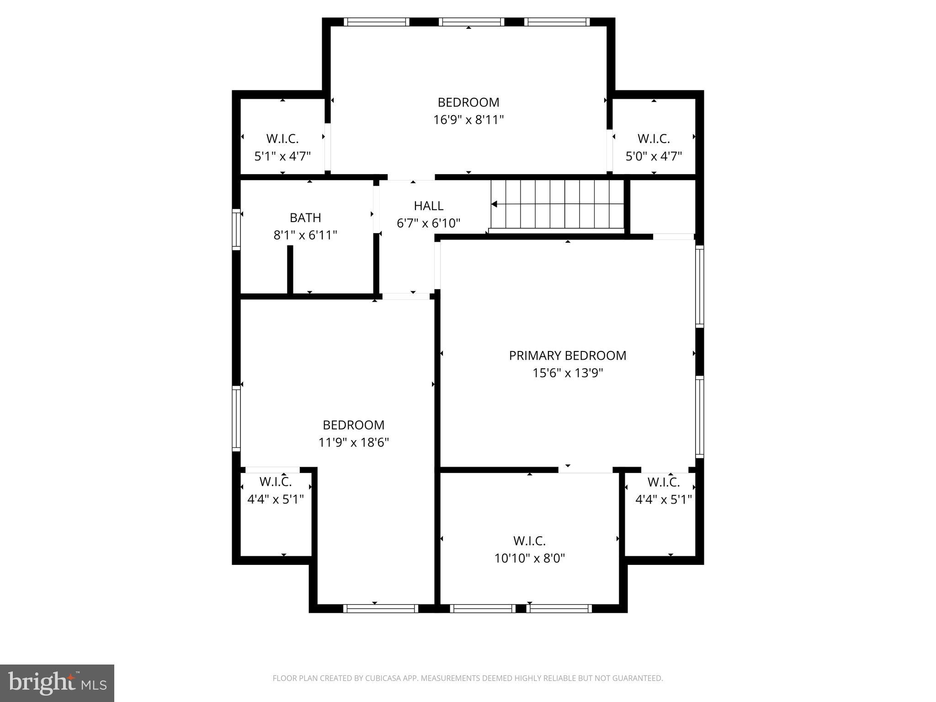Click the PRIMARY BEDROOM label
pyautogui.click(x=567, y=356)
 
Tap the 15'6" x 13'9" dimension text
pyautogui.click(x=567, y=373)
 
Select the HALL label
pyautogui.click(x=428, y=206)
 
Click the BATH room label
pyautogui.click(x=305, y=218)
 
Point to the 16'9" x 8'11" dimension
pyautogui.click(x=468, y=120)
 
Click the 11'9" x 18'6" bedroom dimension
pyautogui.click(x=353, y=442)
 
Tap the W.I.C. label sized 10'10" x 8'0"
pyautogui.click(x=529, y=541)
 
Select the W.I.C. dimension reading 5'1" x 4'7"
pyautogui.click(x=282, y=156)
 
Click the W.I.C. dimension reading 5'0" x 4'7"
pyautogui.click(x=654, y=156)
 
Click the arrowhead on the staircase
pyautogui.click(x=494, y=204)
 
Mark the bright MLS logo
pyautogui.click(x=57, y=683)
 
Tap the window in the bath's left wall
pyautogui.click(x=236, y=229)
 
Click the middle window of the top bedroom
pyautogui.click(x=471, y=22)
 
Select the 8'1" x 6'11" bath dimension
pyautogui.click(x=305, y=235)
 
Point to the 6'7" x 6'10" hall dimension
pyautogui.click(x=428, y=223)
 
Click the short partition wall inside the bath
pyautogui.click(x=290, y=270)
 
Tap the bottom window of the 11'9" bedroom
pyautogui.click(x=380, y=608)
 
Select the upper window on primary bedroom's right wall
pyautogui.click(x=699, y=286)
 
